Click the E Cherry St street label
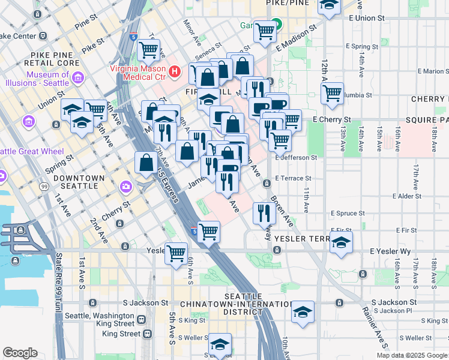pyautogui.click(x=331, y=119)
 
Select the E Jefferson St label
pyautogui.click(x=296, y=158)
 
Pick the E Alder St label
pyautogui.click(x=413, y=196)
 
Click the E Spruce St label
pyautogui.click(x=348, y=213)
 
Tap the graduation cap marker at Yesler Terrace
pyautogui.click(x=340, y=242)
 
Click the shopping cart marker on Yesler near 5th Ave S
pyautogui.click(x=175, y=253)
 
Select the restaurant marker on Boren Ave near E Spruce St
pyautogui.click(x=264, y=211)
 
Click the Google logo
pyautogui.click(x=20, y=352)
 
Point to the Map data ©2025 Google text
pyautogui.click(x=411, y=355)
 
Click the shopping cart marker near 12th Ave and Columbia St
pyautogui.click(x=331, y=92)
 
